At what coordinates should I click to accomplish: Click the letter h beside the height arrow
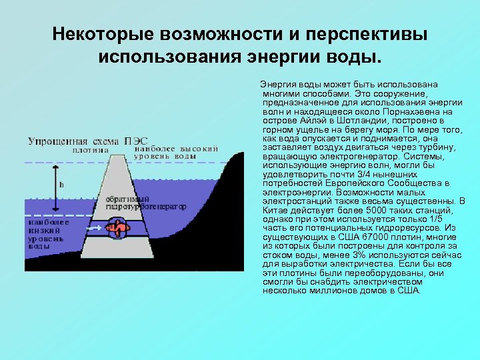[62, 184]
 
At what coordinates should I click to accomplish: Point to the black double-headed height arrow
[55, 183]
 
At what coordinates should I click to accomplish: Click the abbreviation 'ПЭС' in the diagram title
[137, 141]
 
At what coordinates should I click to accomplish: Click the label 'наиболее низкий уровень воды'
[46, 235]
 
